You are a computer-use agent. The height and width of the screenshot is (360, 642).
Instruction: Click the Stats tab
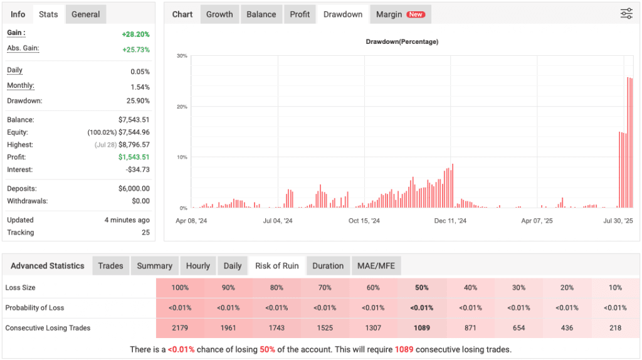click(x=48, y=14)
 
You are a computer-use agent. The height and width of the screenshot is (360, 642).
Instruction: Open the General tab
click(x=85, y=14)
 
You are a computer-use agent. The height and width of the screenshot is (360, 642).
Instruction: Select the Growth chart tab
click(x=219, y=14)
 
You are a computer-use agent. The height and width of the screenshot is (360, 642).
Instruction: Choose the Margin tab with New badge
click(x=399, y=14)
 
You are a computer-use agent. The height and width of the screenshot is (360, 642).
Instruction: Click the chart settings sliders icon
click(x=626, y=14)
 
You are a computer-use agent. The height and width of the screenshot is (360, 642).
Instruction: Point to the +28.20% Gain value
click(x=135, y=34)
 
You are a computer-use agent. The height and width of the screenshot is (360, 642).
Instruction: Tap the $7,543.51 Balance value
click(x=134, y=120)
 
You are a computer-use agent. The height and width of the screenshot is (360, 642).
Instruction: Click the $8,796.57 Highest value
click(x=134, y=145)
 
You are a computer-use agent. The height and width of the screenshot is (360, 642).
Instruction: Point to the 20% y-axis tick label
click(x=182, y=107)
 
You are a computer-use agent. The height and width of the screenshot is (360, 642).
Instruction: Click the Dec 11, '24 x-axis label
click(x=450, y=221)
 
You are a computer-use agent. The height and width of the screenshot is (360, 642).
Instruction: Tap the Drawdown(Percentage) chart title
click(x=402, y=42)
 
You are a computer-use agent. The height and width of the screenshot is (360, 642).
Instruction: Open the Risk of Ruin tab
click(x=276, y=266)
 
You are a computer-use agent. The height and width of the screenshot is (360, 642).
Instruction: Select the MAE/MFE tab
click(x=376, y=266)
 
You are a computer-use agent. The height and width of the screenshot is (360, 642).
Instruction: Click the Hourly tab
click(x=198, y=266)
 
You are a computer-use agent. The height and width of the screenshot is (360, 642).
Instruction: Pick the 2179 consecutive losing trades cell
click(x=180, y=328)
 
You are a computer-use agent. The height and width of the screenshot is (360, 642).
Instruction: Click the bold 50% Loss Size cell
click(x=422, y=288)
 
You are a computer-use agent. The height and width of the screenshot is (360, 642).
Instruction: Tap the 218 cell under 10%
click(x=616, y=328)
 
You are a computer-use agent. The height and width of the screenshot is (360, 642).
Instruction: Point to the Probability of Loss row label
click(x=34, y=308)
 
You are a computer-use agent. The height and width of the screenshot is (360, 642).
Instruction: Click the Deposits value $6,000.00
click(x=134, y=189)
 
